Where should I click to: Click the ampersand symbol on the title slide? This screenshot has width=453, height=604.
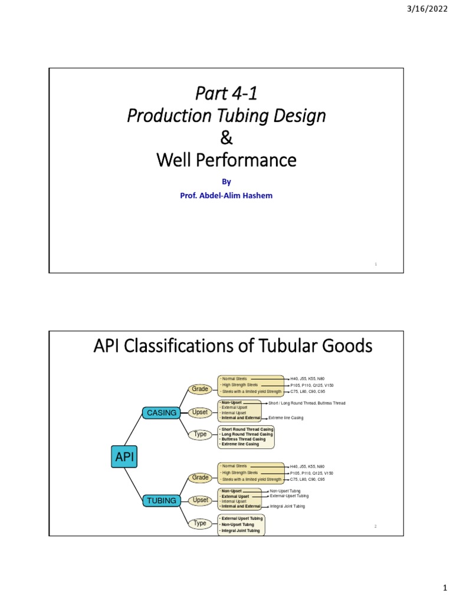tap(226, 139)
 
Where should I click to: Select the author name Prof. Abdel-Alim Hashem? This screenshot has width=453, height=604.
tap(226, 195)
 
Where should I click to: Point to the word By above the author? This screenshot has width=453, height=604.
tap(226, 182)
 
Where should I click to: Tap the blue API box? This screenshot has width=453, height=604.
tap(124, 457)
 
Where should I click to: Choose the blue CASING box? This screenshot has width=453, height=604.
tap(162, 413)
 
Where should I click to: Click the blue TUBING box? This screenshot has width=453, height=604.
tap(162, 501)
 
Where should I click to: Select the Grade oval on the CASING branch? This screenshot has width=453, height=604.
tap(200, 389)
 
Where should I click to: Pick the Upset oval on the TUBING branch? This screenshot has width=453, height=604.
tap(201, 500)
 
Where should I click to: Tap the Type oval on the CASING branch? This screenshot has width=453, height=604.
tap(200, 435)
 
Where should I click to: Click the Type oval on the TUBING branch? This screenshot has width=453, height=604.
tap(200, 523)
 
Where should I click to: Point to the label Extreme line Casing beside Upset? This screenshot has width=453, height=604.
tap(285, 418)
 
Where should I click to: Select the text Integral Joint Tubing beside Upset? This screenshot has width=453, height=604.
tap(287, 507)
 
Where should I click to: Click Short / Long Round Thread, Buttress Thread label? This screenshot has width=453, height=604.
tap(307, 403)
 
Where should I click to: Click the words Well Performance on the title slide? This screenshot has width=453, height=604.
tap(226, 160)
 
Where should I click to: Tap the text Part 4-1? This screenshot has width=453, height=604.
tap(226, 93)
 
